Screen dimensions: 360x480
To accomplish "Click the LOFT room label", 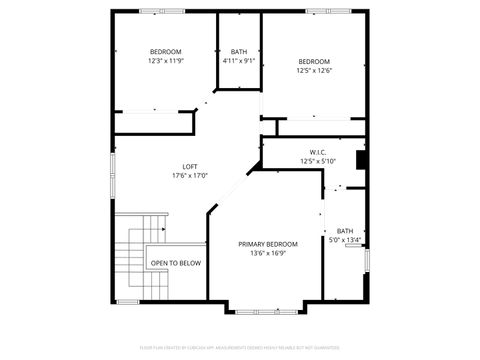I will (190, 166).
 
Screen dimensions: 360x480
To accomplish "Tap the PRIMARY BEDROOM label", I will (268, 244).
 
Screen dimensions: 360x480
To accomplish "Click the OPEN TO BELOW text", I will (176, 263).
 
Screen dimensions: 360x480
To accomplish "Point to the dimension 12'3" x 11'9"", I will (165, 60).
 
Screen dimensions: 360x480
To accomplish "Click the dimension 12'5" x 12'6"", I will (315, 70).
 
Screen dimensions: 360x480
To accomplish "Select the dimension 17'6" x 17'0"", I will (190, 175).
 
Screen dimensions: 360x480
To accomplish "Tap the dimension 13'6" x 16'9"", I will (268, 253).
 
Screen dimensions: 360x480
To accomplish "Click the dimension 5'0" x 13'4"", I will (345, 240).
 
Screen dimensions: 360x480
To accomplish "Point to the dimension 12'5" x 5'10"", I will (318, 161).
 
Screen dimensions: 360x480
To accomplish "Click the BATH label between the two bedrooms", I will (239, 52).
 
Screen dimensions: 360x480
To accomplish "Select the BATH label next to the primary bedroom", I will (345, 231).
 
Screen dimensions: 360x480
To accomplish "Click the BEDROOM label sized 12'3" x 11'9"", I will (165, 51).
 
